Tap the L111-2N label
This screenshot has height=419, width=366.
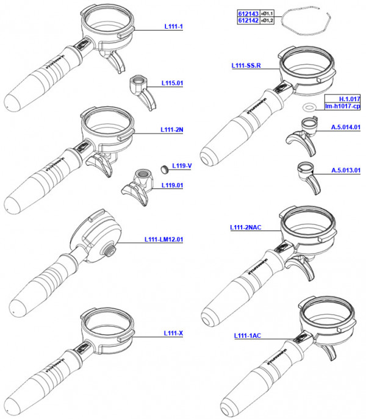(171, 130)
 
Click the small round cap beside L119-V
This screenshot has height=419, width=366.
(163, 167)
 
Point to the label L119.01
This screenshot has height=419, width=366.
(173, 185)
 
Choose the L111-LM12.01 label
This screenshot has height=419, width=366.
(163, 239)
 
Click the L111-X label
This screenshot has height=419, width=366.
(173, 333)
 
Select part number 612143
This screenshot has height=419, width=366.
(248, 13)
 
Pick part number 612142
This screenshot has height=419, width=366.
(248, 21)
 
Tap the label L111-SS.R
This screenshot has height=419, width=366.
(246, 65)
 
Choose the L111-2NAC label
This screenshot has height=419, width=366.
(246, 227)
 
